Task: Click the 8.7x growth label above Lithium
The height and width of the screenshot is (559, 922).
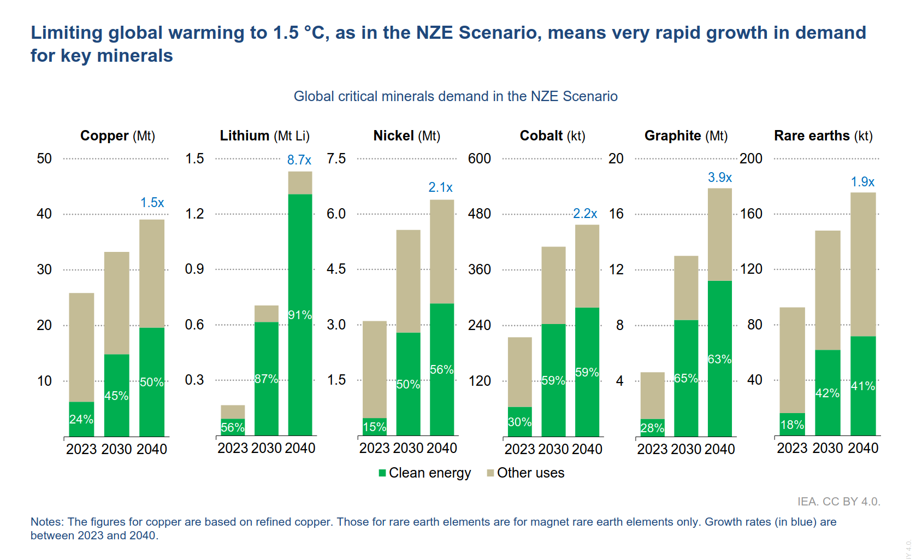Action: tap(299, 160)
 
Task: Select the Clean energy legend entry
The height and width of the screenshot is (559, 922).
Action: tap(424, 473)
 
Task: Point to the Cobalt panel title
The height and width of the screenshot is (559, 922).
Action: tap(552, 136)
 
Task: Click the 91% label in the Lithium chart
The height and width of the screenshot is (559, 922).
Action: tap(300, 315)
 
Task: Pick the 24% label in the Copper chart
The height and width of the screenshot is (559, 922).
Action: tap(81, 419)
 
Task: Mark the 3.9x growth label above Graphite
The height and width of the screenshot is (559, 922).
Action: tap(720, 178)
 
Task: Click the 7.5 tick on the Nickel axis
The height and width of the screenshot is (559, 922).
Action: tap(336, 158)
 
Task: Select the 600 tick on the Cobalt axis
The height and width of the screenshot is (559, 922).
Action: tap(479, 158)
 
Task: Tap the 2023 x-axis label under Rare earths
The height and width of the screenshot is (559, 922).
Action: tap(792, 448)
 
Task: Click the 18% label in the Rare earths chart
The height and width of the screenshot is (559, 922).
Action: tap(792, 425)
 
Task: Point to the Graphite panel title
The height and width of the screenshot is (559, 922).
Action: tap(686, 136)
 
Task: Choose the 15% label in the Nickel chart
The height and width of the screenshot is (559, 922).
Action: tap(375, 427)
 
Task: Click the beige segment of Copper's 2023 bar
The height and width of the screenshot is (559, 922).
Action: tap(81, 347)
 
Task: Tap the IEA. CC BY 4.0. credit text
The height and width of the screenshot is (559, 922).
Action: tap(838, 502)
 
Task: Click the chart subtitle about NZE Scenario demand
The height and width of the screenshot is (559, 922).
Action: tap(456, 96)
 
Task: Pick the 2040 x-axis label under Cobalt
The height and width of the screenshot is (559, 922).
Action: tap(587, 449)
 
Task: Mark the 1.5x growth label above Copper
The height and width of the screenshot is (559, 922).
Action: tap(152, 203)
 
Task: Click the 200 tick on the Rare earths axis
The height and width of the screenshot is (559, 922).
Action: tap(751, 158)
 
